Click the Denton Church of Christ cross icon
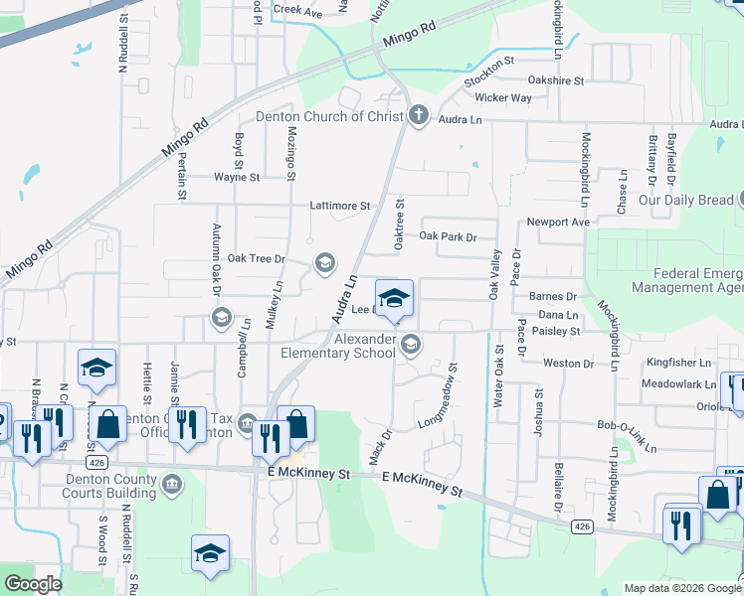point(419,116)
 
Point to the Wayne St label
point(237,177)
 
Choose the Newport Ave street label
point(558,222)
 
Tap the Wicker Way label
point(502,98)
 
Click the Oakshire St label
point(556,79)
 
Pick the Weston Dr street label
point(568,364)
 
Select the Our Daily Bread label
point(686,200)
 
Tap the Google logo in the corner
point(33,584)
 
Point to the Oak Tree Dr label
point(257,258)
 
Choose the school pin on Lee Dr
point(394,298)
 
